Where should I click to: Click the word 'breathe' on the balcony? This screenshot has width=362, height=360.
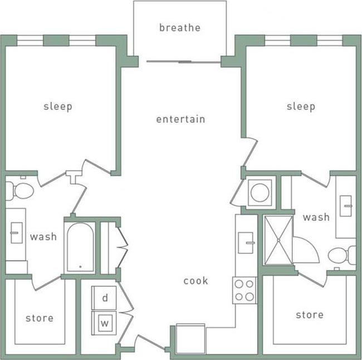pos(179,27)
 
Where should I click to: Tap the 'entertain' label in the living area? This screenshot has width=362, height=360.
pos(180,119)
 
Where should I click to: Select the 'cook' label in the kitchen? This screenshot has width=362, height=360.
pos(195,281)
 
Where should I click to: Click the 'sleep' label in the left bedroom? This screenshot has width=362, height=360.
pos(58,106)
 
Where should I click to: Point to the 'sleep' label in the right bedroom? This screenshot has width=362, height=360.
pos(301,106)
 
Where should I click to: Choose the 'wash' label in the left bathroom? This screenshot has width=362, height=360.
pos(43,237)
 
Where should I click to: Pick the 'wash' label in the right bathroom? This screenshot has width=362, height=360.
pos(316,217)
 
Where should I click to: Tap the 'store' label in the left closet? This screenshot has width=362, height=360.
pos(40,318)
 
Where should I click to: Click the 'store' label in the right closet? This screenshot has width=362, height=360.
pos(310,315)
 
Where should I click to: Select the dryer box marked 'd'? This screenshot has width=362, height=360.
pos(104,298)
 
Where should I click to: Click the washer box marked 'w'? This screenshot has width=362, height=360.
pos(104,323)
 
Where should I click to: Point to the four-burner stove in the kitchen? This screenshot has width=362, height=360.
pos(244,290)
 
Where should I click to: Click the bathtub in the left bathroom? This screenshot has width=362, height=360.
pos(80,247)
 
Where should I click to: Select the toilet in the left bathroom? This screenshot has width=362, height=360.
pos(20,191)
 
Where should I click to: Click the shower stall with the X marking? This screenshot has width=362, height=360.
pos(277,240)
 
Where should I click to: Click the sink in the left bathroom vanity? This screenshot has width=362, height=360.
pos(16,228)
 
